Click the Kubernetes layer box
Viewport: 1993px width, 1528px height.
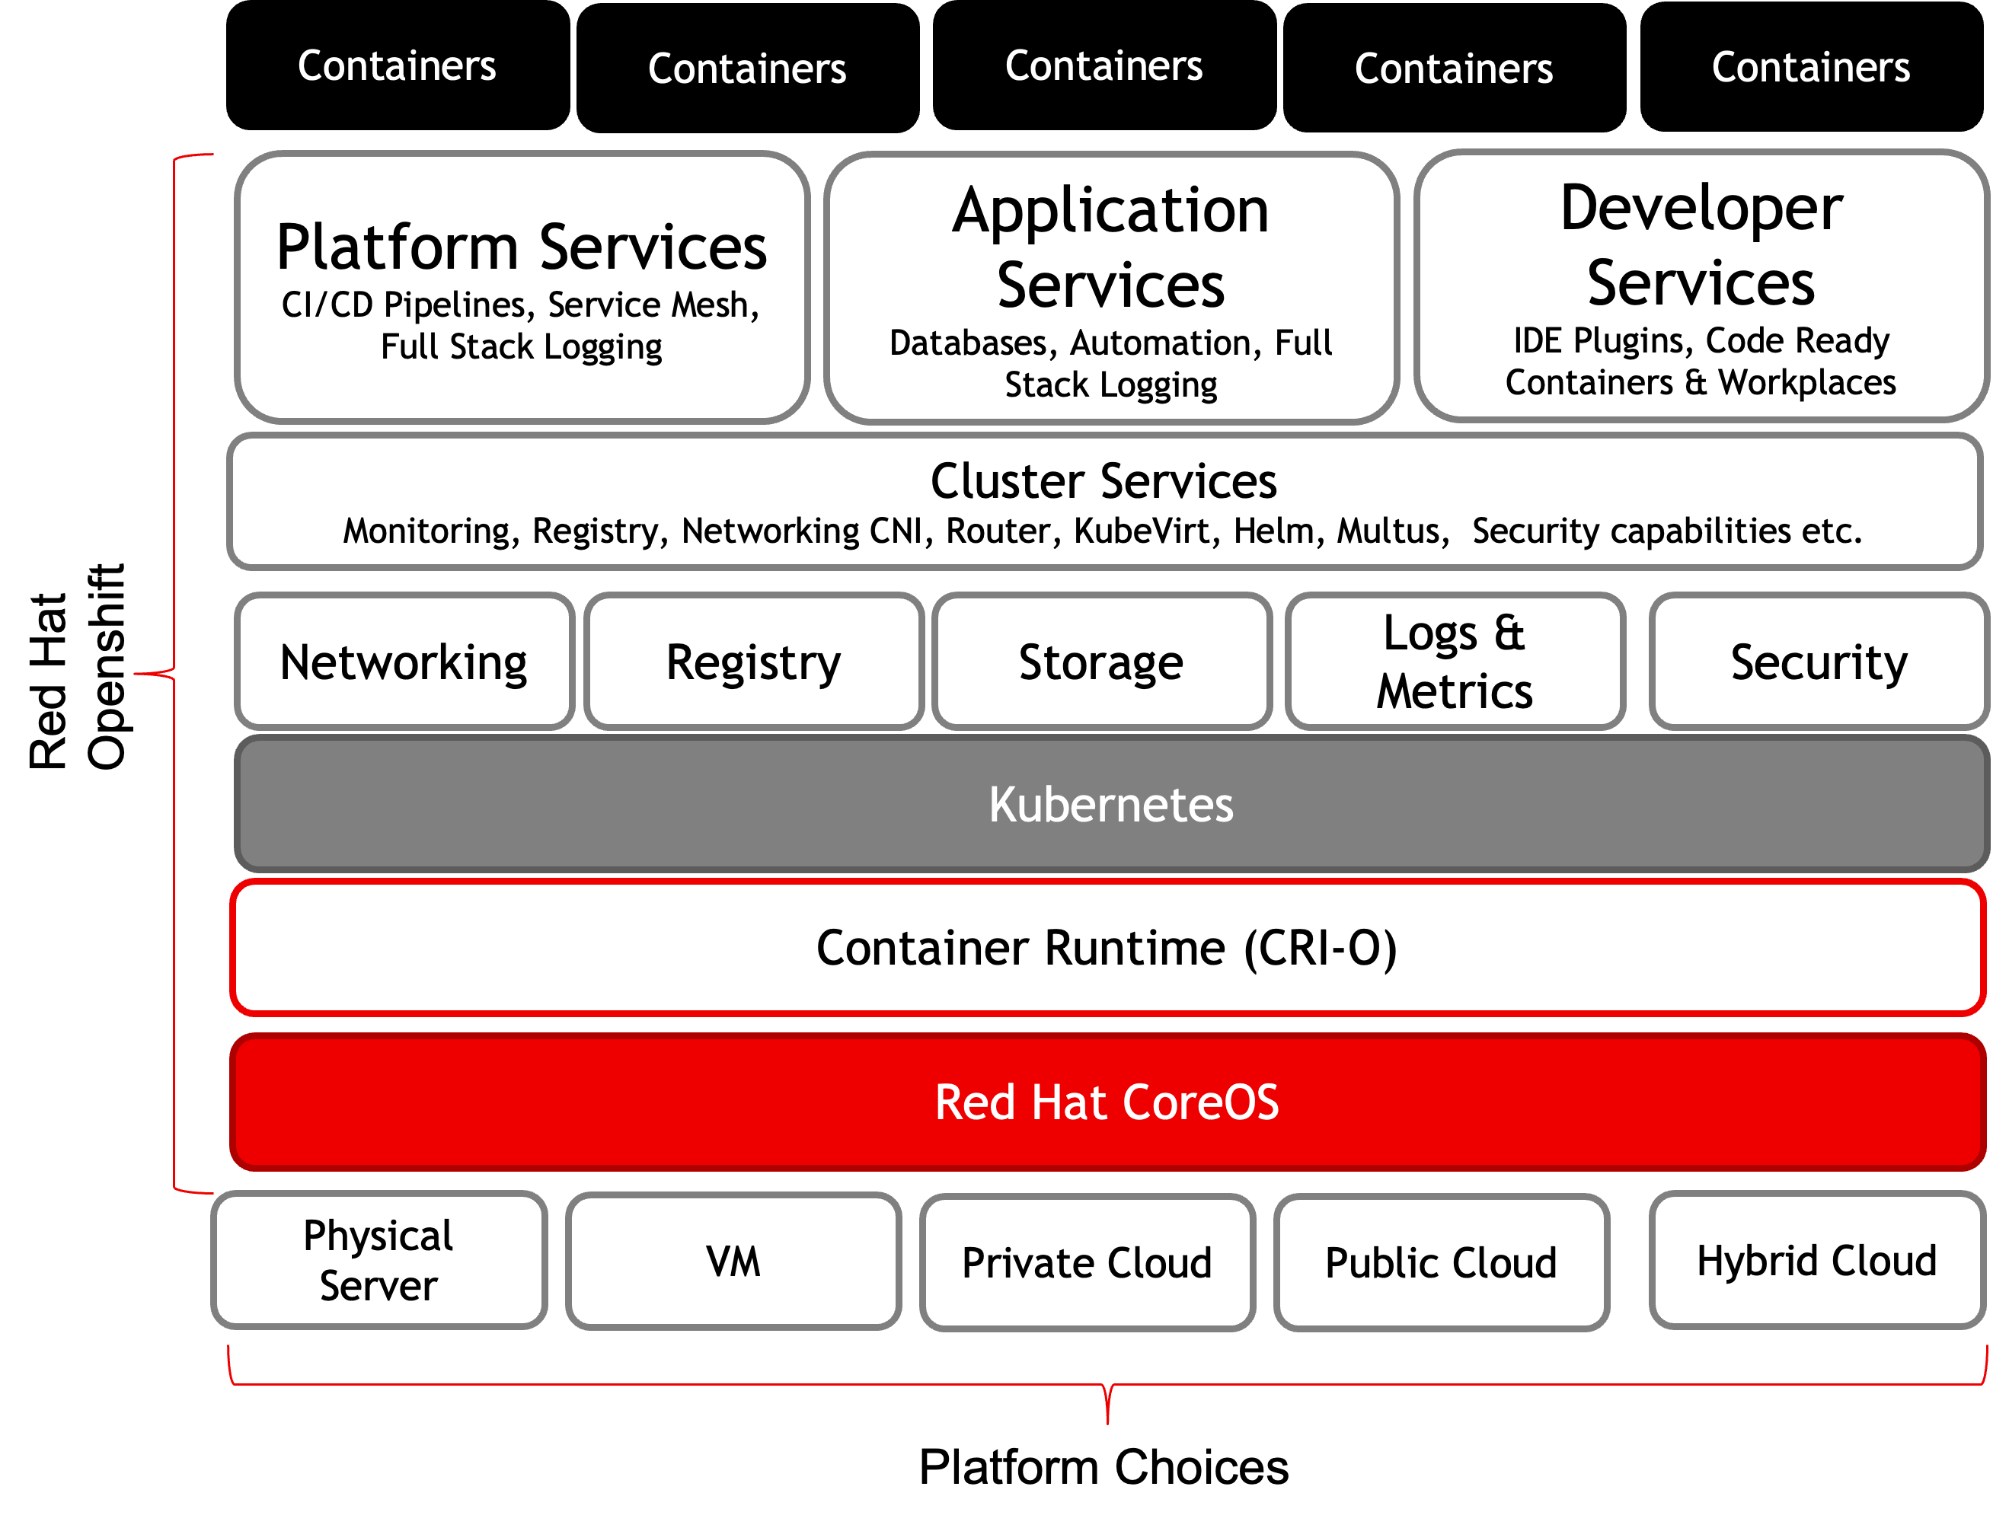tap(1110, 804)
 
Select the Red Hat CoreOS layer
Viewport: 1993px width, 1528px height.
tap(1107, 1102)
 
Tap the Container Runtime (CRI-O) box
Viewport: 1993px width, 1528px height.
tap(1107, 948)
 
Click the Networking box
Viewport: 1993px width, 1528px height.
tap(404, 662)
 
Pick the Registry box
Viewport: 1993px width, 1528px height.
tap(753, 662)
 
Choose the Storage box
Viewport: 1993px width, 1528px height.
tap(1100, 662)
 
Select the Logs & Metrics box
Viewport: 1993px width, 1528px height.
tap(1454, 662)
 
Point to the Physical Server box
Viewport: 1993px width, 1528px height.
tap(378, 1261)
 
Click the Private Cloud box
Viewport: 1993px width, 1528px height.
tap(1087, 1263)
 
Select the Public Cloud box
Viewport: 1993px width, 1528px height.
tap(1441, 1263)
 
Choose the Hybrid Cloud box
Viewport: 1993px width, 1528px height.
tap(1816, 1261)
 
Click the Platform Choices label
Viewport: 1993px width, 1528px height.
tap(1103, 1467)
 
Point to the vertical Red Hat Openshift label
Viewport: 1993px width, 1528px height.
tap(78, 668)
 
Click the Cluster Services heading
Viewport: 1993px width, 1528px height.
tap(1103, 481)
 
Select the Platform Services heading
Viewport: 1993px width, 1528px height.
tap(521, 247)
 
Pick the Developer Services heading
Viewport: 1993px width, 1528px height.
tap(1701, 246)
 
